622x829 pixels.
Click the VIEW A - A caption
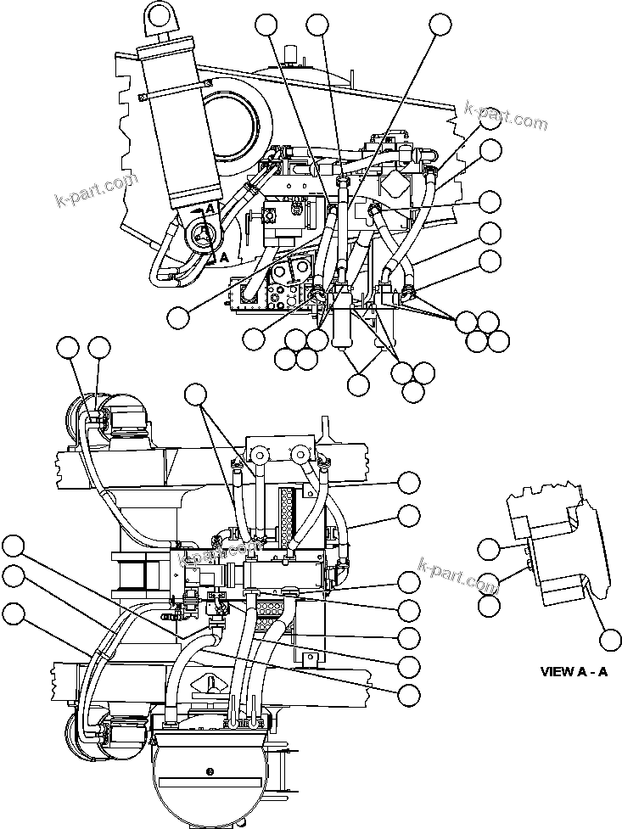[574, 671]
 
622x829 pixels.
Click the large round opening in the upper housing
[227, 124]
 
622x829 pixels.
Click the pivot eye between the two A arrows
[201, 232]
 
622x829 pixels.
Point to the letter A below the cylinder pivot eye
[224, 256]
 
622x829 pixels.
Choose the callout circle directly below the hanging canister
[359, 383]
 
